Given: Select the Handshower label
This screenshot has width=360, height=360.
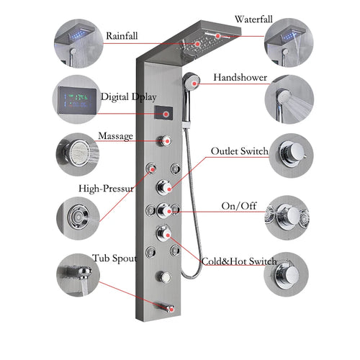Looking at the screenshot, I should [x=240, y=77].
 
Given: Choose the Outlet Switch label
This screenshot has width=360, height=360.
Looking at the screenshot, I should [x=239, y=152].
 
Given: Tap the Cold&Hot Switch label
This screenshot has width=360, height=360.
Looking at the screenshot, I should [x=238, y=261].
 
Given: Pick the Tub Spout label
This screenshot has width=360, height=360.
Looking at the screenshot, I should [x=112, y=258].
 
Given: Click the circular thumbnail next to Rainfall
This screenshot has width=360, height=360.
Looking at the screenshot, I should [x=76, y=40].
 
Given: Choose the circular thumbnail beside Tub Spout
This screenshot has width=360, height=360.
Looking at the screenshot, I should [x=76, y=276].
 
